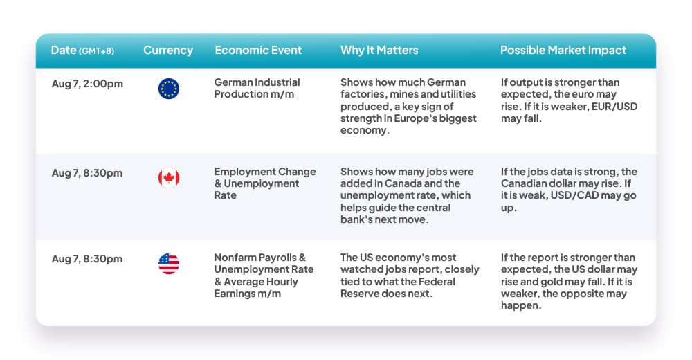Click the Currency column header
(168, 51)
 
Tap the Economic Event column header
(258, 51)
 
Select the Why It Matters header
(379, 51)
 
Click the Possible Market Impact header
(563, 51)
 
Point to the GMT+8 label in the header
(97, 51)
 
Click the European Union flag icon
(169, 89)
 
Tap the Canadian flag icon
(169, 177)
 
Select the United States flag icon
(169, 264)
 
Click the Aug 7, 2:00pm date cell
(87, 84)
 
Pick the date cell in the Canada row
(87, 173)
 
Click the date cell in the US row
(87, 259)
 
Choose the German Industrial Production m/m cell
(257, 89)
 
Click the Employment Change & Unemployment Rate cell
(265, 183)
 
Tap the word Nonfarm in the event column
(233, 258)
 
